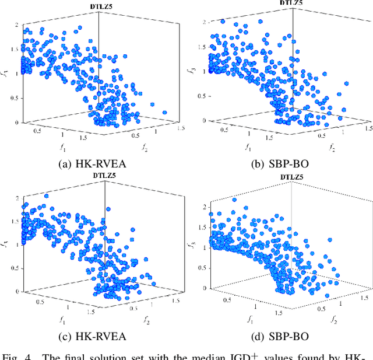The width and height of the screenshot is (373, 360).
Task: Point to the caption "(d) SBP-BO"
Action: pyautogui.click(x=280, y=336)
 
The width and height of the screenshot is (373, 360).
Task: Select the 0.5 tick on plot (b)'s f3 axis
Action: pyautogui.click(x=201, y=96)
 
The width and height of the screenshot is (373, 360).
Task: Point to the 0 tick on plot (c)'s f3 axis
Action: pyautogui.click(x=16, y=291)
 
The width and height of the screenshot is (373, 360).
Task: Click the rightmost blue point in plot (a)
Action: pyautogui.click(x=164, y=113)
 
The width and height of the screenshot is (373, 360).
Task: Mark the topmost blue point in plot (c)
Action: pyautogui.click(x=46, y=196)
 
